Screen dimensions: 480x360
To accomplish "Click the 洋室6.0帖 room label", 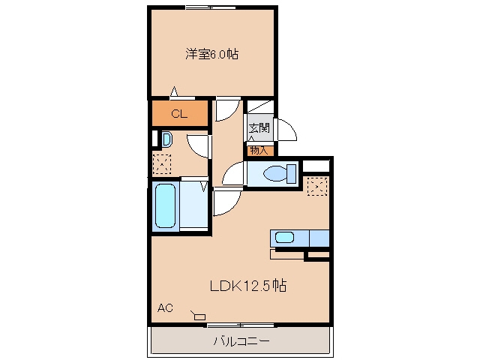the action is (211, 54).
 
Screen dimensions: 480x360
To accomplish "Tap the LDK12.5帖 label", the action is (248, 286).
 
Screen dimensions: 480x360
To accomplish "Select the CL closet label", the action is (179, 114).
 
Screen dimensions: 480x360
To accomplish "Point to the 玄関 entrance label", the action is (259, 127).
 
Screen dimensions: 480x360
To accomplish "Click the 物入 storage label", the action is (259, 150).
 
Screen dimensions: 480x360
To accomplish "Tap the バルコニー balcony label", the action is (241, 341).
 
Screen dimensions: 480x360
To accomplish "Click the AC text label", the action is (165, 307).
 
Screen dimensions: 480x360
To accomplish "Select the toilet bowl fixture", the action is (280, 174).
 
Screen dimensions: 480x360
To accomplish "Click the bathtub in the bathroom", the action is (165, 205).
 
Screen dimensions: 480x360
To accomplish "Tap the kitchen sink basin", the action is (285, 238).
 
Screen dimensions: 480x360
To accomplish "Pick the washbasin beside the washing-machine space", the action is (166, 139).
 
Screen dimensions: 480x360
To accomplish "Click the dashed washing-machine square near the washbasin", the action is (162, 164).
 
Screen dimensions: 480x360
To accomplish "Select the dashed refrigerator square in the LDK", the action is (317, 186).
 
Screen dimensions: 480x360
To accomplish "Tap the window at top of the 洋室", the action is (211, 7).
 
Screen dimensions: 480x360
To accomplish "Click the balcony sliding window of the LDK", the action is (241, 325).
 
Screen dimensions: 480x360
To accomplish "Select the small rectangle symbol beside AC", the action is (199, 316).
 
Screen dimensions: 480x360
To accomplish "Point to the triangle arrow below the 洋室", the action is (174, 91).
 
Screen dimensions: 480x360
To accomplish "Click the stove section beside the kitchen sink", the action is (319, 238).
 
